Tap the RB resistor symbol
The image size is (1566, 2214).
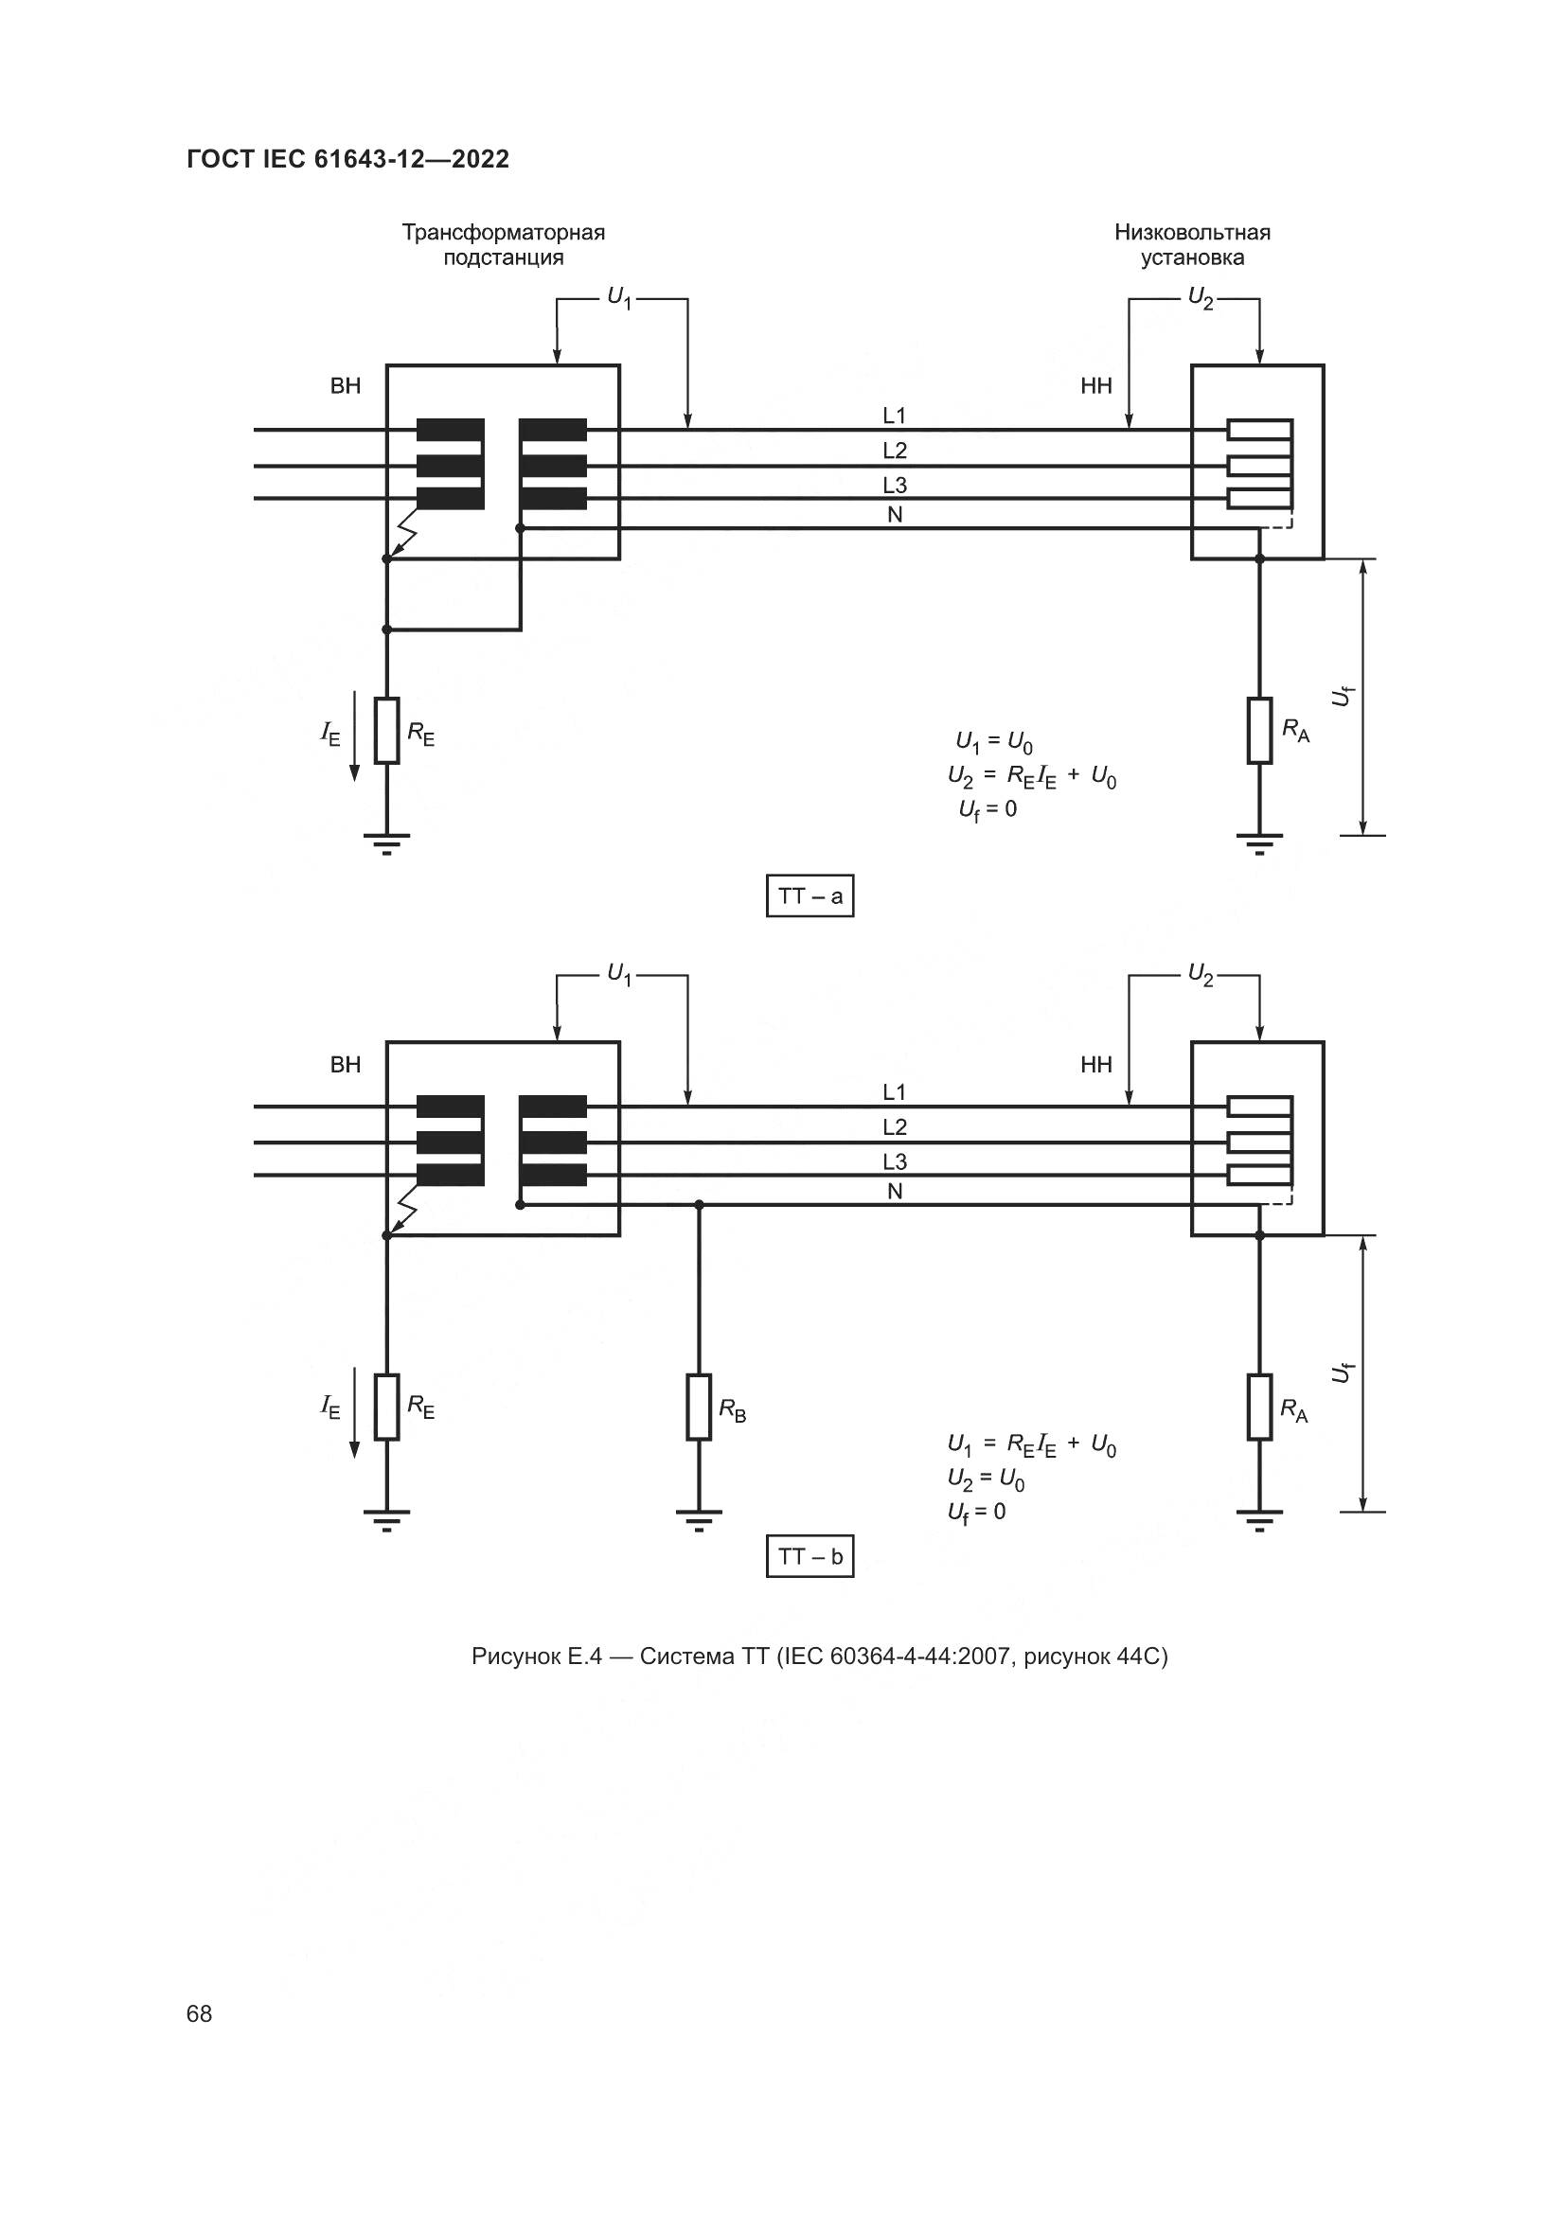point(699,1407)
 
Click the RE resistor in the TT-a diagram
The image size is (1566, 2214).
point(386,730)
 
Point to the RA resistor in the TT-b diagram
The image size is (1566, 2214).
point(1259,1407)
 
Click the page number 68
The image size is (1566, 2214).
point(200,2013)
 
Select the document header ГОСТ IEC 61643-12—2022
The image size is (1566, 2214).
point(347,159)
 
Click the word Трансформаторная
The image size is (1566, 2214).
point(504,233)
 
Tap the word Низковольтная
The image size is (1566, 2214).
point(1192,233)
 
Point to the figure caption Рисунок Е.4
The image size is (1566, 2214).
point(819,1656)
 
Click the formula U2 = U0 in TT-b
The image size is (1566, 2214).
point(986,1479)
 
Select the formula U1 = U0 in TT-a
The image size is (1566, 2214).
point(993,741)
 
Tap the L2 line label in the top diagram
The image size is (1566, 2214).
point(894,451)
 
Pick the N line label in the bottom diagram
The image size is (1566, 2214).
point(894,1192)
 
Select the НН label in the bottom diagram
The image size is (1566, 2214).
point(1095,1065)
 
